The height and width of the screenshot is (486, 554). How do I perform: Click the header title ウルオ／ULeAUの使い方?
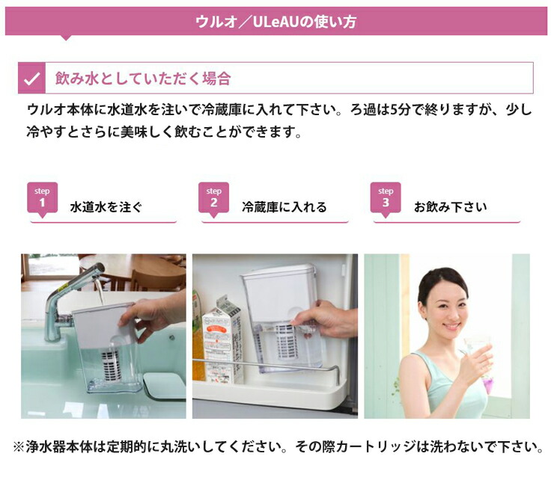(276, 22)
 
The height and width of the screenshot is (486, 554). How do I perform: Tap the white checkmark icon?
(32, 78)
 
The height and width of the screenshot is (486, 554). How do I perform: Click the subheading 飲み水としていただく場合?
(142, 78)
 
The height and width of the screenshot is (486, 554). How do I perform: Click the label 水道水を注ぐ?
(106, 207)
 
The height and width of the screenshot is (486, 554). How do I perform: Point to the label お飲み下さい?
(450, 207)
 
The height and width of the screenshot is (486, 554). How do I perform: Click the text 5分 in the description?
(396, 110)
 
